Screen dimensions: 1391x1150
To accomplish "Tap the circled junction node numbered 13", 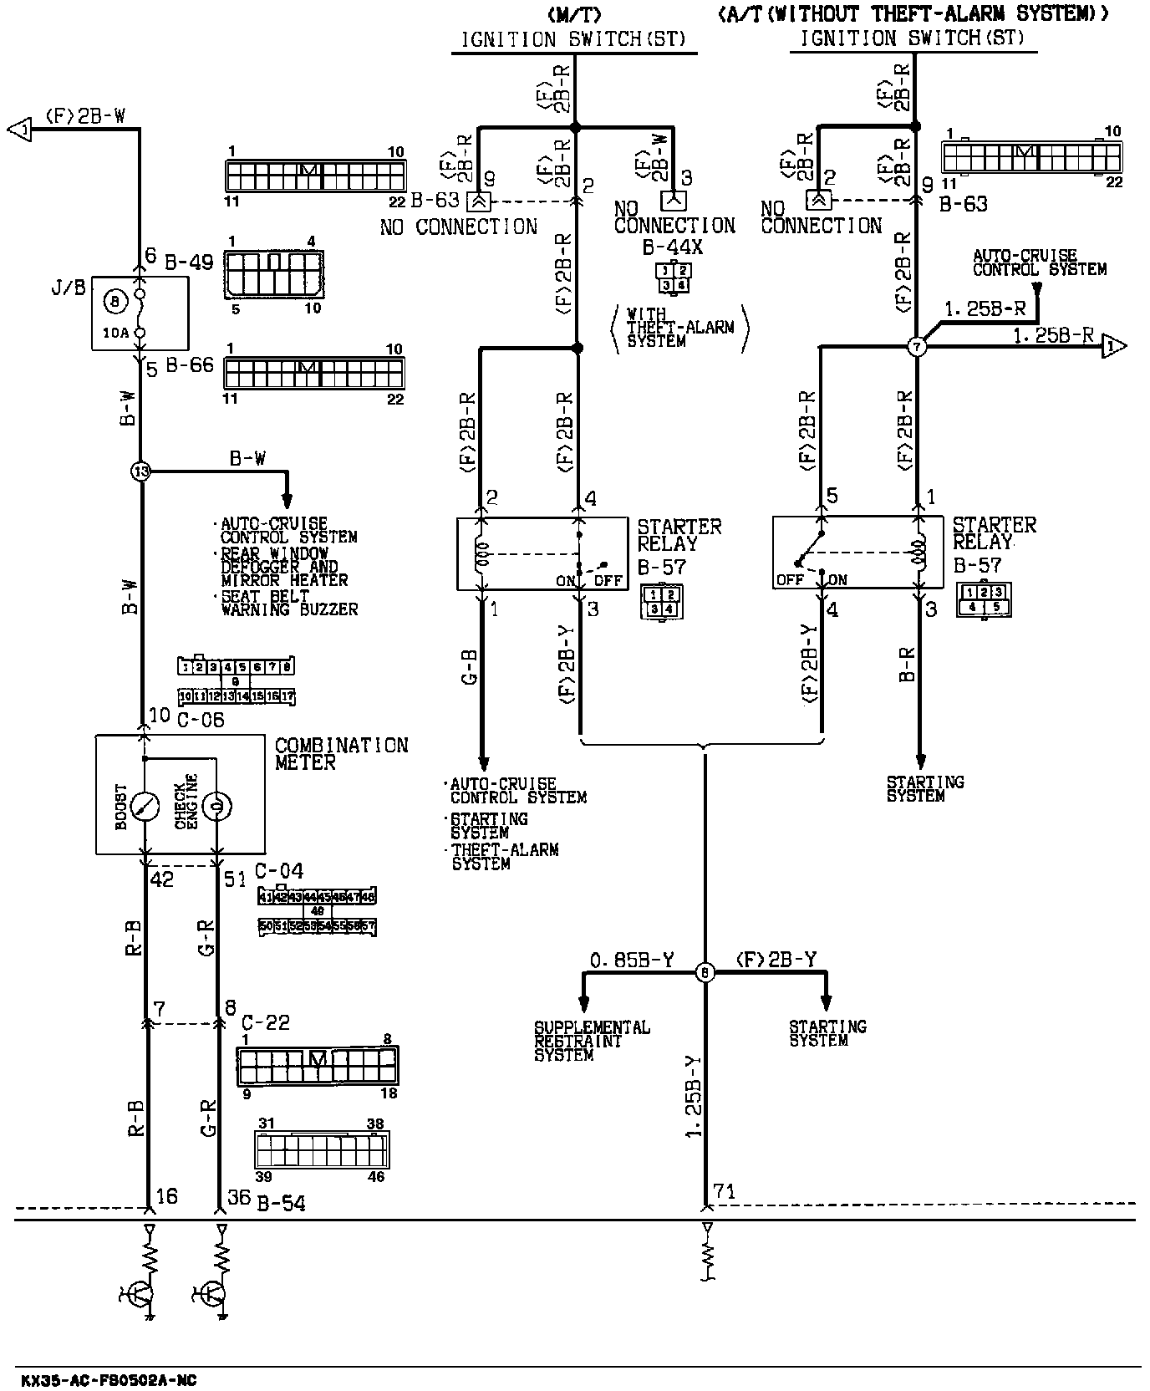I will [141, 472].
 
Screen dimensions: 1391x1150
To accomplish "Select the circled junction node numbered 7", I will [918, 346].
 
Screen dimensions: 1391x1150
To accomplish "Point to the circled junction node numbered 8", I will [705, 972].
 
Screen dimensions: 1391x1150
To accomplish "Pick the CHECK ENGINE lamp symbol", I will [216, 806].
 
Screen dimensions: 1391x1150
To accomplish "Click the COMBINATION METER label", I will [341, 753].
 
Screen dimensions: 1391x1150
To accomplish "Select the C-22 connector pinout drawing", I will [317, 1066].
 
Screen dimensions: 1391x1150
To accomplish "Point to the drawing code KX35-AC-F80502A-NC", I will [109, 1380].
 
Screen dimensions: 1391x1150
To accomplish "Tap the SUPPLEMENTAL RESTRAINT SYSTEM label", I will [592, 1041].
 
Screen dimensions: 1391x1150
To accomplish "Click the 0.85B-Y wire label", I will [631, 960].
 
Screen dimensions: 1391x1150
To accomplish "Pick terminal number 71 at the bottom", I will [724, 1191].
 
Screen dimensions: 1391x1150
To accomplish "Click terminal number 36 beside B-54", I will [239, 1197].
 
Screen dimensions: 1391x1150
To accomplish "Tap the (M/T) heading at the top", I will [574, 14].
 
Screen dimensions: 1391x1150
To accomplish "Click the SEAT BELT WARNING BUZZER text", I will [289, 604].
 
